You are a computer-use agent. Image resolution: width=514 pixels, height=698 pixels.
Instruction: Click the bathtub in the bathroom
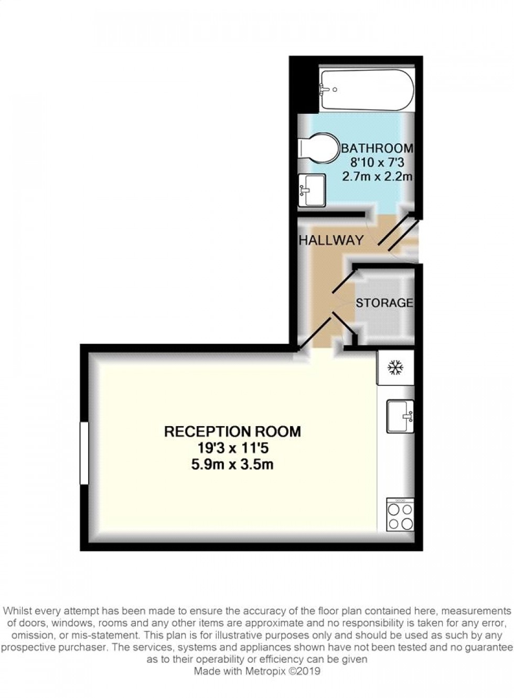pyautogui.click(x=367, y=90)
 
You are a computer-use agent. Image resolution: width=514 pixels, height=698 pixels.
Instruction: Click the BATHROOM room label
pyautogui.click(x=377, y=149)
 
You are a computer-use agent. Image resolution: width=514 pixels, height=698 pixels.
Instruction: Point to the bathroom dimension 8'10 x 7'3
pyautogui.click(x=376, y=163)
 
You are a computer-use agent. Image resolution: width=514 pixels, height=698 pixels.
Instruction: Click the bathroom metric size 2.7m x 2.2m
pyautogui.click(x=377, y=176)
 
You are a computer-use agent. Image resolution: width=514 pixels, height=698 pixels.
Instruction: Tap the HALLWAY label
pyautogui.click(x=331, y=240)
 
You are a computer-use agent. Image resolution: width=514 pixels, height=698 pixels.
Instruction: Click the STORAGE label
pyautogui.click(x=384, y=303)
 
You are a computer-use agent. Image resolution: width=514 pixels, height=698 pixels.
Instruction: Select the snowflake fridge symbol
pyautogui.click(x=394, y=367)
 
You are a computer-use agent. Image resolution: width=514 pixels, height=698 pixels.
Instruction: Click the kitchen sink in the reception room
pyautogui.click(x=400, y=416)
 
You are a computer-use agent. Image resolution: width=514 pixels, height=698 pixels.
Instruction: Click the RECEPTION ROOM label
pyautogui.click(x=233, y=431)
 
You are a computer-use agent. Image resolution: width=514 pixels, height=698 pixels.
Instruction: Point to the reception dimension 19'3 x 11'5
pyautogui.click(x=233, y=448)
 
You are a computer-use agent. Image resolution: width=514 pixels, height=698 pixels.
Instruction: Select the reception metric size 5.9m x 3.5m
pyautogui.click(x=233, y=464)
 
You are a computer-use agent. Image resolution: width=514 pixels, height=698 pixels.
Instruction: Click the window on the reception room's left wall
pyautogui.click(x=84, y=453)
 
